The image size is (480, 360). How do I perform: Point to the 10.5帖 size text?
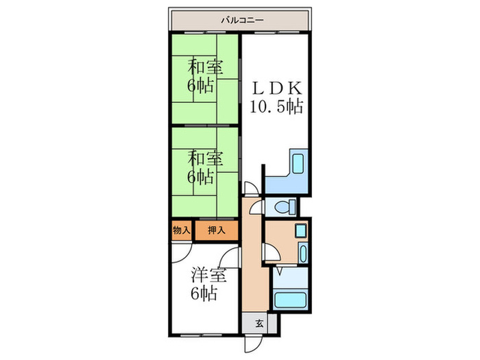276,107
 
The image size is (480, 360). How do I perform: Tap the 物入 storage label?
181,230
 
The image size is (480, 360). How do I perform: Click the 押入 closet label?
215,230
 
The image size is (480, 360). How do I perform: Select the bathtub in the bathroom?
290,300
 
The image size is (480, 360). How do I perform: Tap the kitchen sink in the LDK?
299,165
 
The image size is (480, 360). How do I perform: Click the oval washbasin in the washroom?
301,230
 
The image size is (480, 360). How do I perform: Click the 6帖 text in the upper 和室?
203,86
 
